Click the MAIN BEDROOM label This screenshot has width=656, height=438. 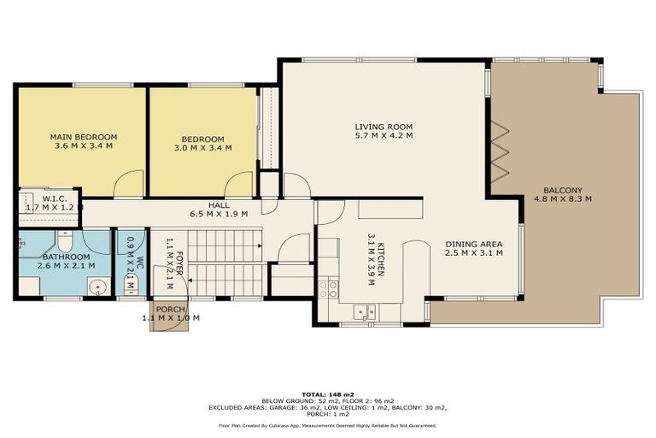pos(83,137)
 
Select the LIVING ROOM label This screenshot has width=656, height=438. pos(384,127)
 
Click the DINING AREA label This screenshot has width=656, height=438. pos(473,244)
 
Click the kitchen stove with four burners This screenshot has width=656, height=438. pos(329,289)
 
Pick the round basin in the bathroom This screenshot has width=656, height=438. pos(97,288)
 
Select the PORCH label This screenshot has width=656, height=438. pos(170,309)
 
